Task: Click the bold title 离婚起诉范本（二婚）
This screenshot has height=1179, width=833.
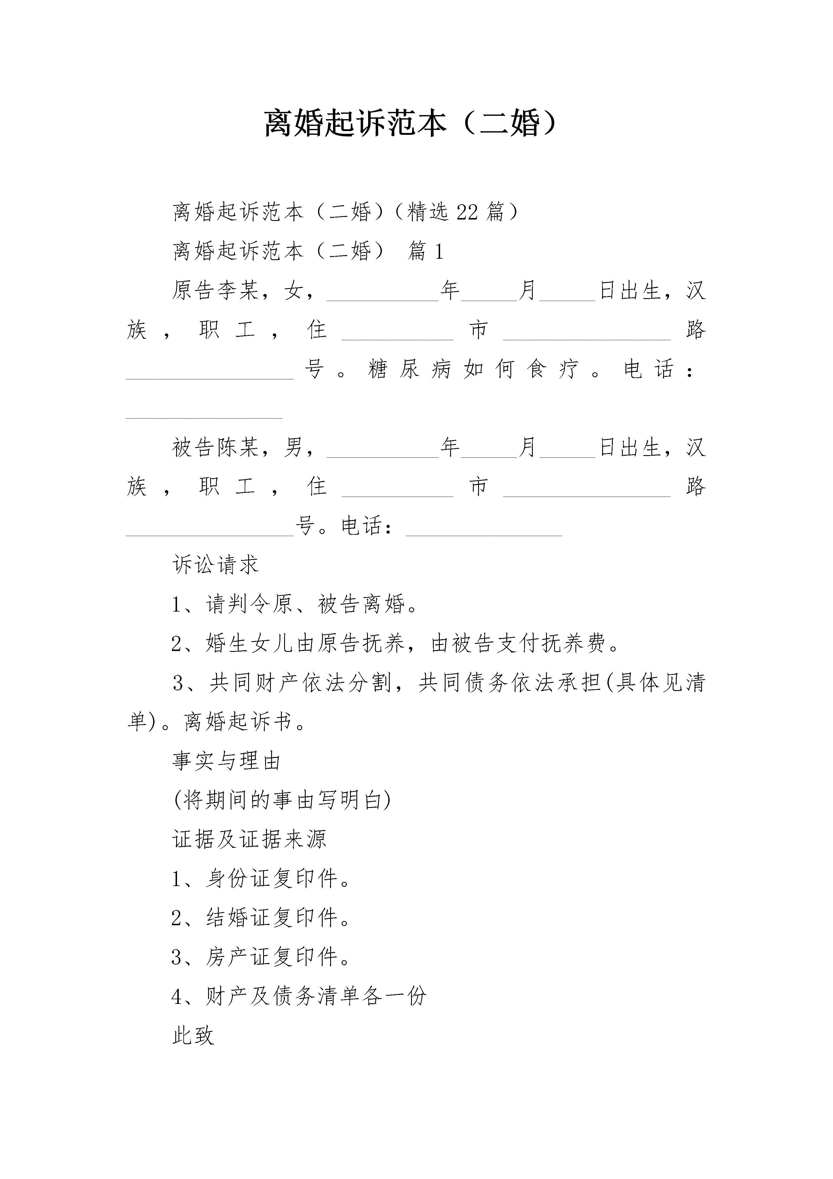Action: [410, 124]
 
